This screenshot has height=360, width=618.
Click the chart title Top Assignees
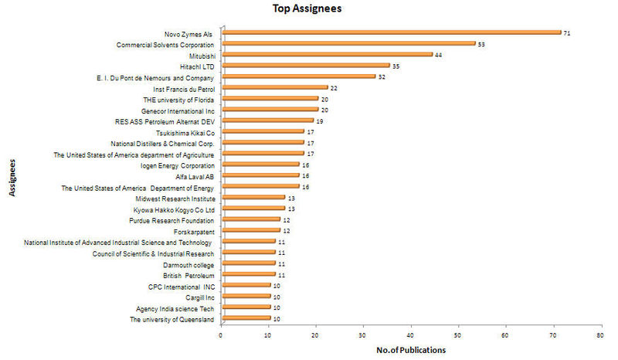(307, 9)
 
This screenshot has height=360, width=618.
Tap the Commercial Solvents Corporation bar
(348, 43)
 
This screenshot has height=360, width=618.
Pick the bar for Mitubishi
(327, 55)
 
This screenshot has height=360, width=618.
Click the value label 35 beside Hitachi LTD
(396, 66)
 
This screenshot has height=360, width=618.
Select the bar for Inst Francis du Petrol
(274, 88)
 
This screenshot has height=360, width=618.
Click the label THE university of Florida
(178, 99)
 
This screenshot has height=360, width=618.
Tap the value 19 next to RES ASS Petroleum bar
(320, 121)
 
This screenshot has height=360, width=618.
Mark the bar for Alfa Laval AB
(260, 175)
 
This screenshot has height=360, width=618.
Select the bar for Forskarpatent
(250, 230)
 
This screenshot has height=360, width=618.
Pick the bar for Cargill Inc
(246, 296)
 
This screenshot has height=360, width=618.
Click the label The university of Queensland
(171, 318)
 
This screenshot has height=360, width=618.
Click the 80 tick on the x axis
(600, 336)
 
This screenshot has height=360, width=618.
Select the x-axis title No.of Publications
(411, 350)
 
